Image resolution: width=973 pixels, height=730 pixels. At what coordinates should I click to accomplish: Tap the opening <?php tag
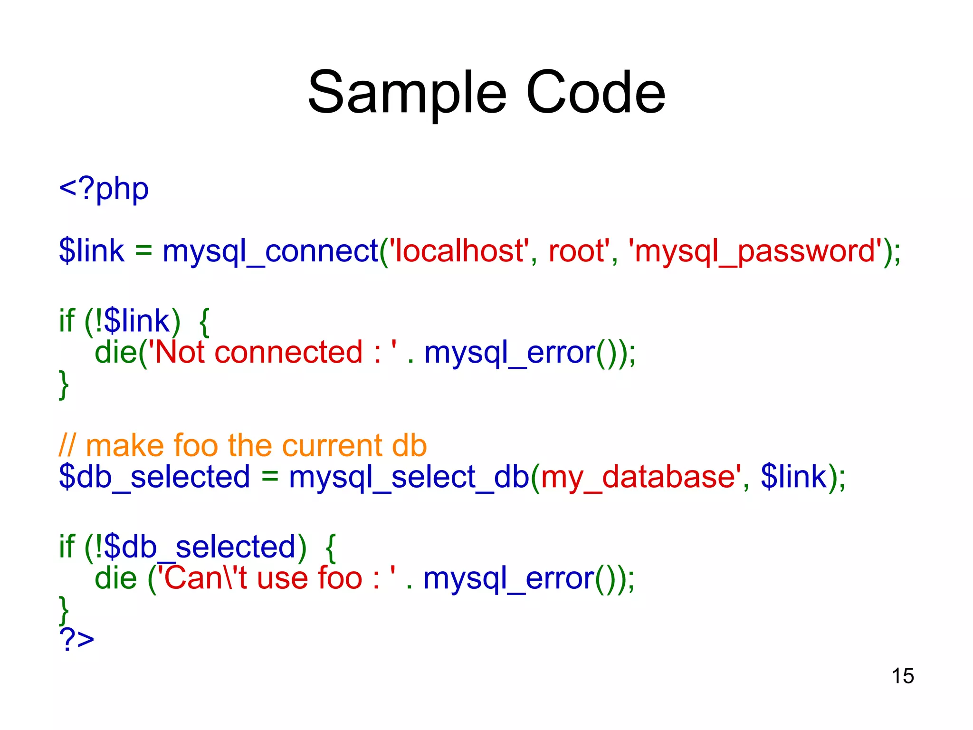point(104,189)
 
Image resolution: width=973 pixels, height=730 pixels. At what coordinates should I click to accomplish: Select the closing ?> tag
point(76,639)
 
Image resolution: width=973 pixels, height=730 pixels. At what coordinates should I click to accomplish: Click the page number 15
point(902,676)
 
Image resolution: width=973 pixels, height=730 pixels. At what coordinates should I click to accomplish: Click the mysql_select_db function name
point(409,477)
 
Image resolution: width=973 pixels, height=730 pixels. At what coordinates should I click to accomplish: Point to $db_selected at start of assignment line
point(154,477)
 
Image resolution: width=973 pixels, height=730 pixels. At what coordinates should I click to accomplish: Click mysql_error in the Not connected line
point(509,353)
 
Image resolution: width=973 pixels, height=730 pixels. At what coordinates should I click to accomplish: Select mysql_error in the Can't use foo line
point(508,578)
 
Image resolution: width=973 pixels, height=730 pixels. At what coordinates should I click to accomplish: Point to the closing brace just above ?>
point(64,611)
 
